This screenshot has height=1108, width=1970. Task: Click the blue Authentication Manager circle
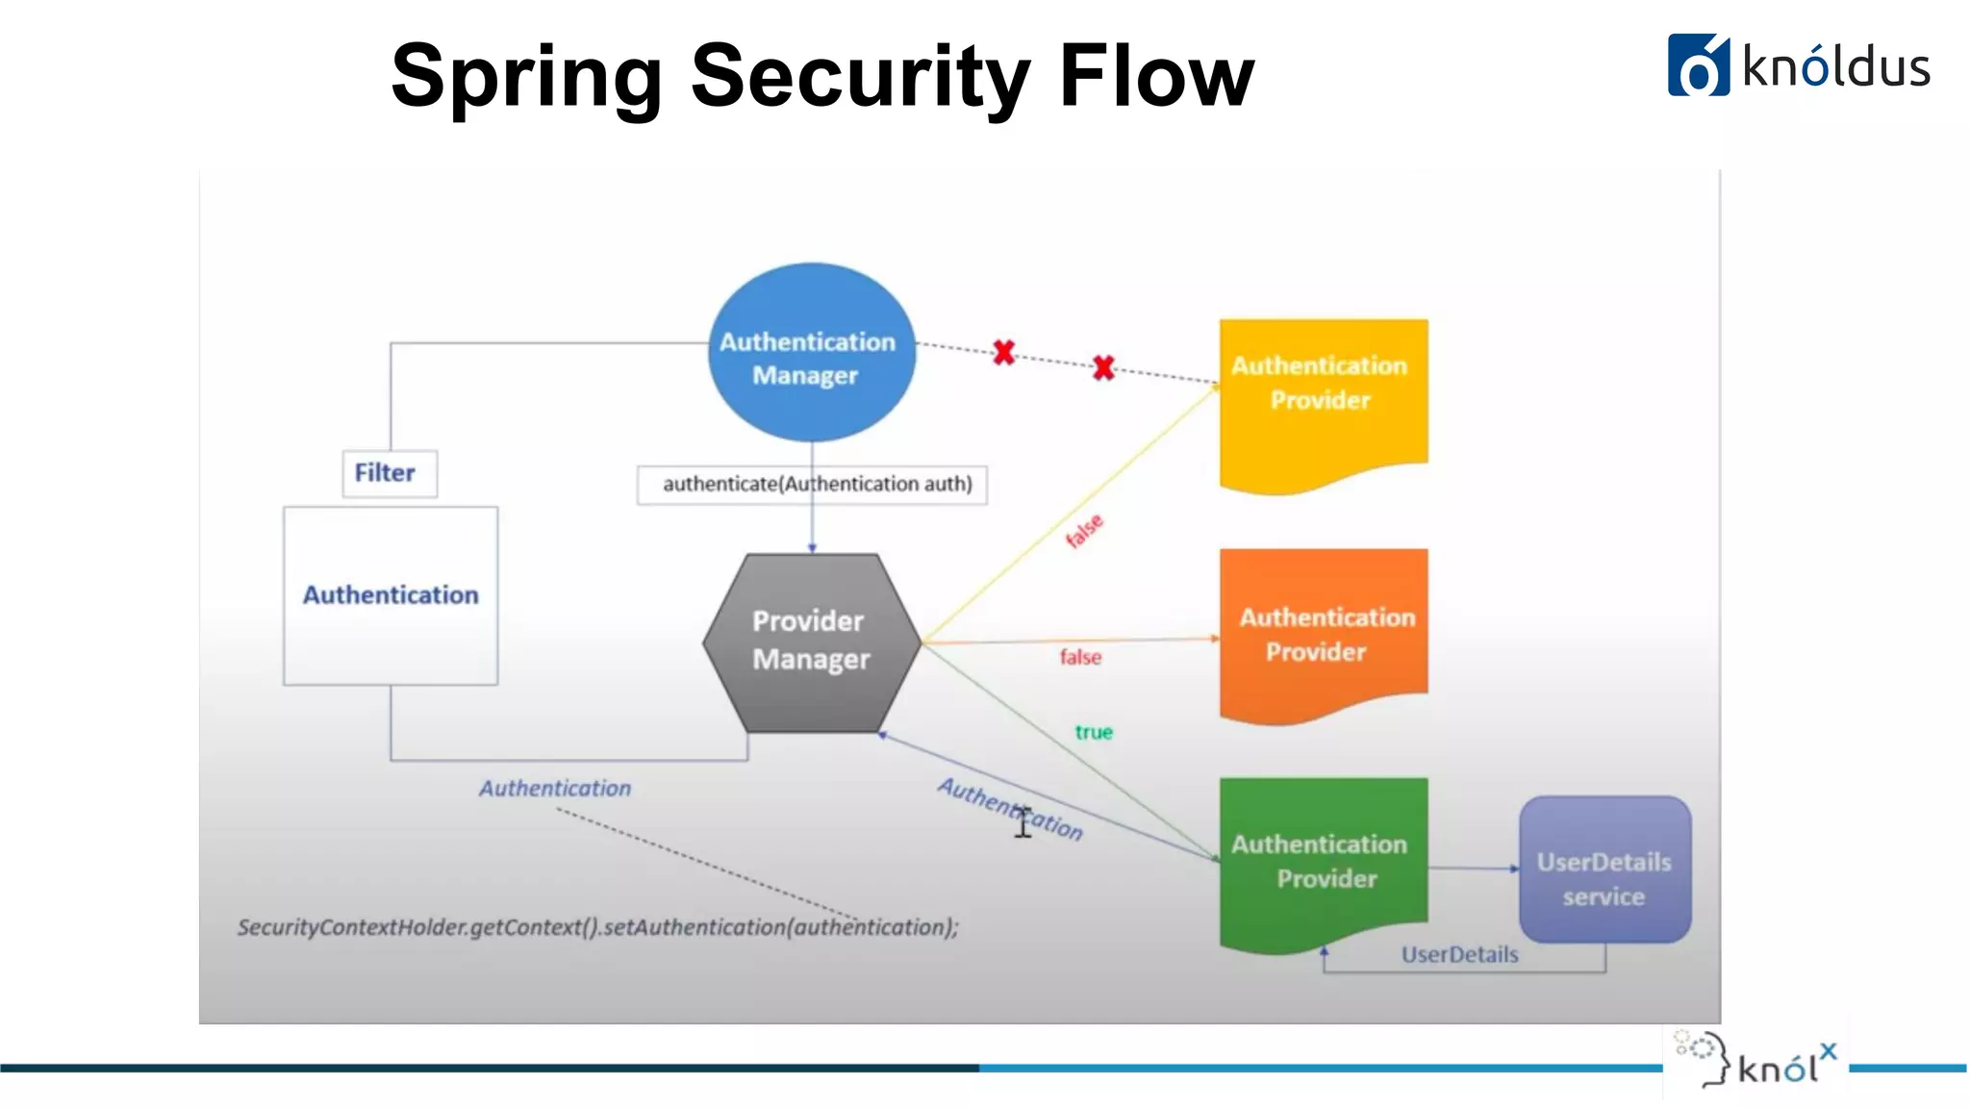point(811,353)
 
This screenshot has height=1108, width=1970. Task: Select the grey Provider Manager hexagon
point(811,642)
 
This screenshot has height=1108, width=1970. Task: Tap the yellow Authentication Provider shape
point(1323,399)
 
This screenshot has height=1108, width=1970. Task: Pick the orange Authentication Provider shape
point(1323,630)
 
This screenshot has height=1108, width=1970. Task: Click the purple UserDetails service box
point(1604,869)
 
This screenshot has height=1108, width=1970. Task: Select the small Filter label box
point(389,473)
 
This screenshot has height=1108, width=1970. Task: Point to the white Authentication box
point(391,595)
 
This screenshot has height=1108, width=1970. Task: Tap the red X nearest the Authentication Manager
point(1003,353)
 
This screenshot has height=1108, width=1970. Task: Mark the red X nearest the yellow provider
point(1103,367)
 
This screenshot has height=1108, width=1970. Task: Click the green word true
point(1094,733)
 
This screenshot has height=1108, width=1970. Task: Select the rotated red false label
point(1085,531)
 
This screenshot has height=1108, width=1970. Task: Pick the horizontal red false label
point(1080,658)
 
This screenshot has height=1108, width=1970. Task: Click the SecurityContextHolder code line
point(597,927)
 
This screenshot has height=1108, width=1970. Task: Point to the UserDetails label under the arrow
point(1459,955)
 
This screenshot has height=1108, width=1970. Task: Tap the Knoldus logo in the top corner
point(1798,66)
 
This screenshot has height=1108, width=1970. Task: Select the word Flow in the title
point(1156,77)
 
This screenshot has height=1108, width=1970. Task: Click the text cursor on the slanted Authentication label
point(1023,822)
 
